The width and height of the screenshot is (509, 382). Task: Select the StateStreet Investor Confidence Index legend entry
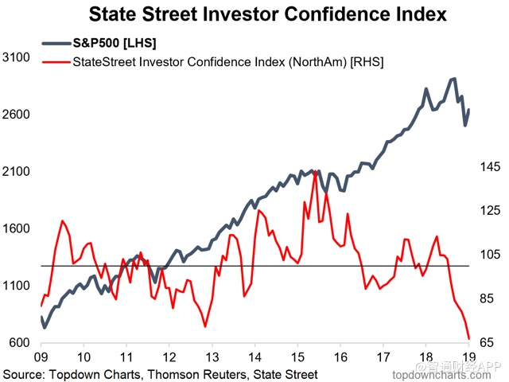point(227,62)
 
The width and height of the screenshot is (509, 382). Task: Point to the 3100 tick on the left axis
point(17,57)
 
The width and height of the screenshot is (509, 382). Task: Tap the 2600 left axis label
point(17,115)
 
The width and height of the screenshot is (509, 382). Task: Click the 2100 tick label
point(17,172)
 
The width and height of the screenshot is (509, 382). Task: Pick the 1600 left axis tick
point(17,229)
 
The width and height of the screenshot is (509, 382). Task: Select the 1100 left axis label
point(17,286)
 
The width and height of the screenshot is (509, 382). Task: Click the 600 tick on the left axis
point(20,344)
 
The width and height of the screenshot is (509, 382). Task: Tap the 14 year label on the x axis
point(254,357)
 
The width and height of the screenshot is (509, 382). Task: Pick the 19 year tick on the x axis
point(468,357)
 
